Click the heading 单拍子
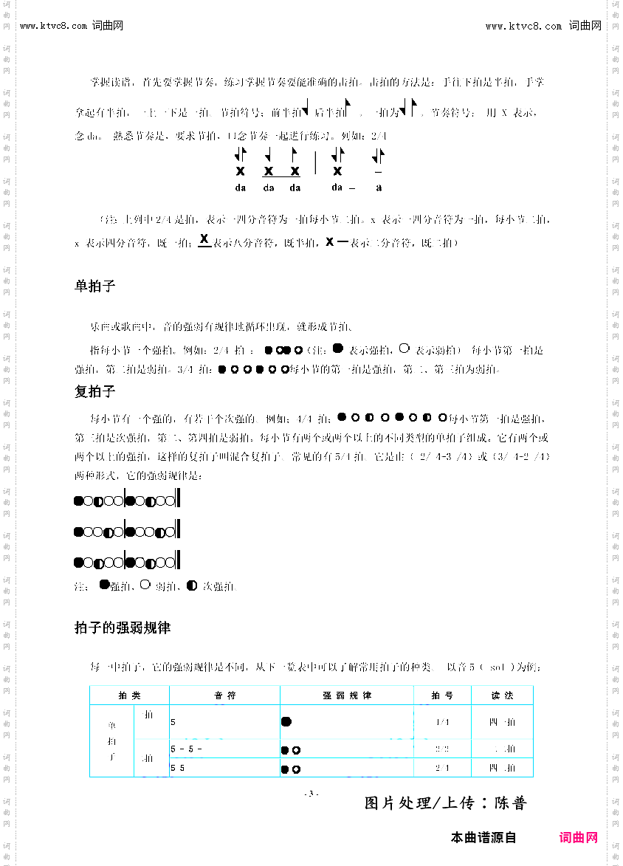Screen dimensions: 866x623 95,286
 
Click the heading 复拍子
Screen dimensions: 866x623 95,391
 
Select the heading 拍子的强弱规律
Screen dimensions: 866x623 123,628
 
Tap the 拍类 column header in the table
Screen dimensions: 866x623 129,695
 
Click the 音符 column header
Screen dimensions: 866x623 225,695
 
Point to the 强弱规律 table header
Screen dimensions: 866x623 347,695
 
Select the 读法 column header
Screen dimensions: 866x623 502,695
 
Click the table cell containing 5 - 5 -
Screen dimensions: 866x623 187,749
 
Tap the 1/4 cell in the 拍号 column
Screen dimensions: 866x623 442,722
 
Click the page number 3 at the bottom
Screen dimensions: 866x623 311,794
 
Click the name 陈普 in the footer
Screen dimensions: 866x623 510,803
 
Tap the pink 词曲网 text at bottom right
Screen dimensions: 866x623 578,838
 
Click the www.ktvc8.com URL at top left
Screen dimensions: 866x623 54,26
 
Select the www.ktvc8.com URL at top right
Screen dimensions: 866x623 523,26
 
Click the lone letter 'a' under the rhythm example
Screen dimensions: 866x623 379,188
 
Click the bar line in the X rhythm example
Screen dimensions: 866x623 315,162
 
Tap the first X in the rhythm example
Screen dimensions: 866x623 241,171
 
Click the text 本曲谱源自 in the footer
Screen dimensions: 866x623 483,838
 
